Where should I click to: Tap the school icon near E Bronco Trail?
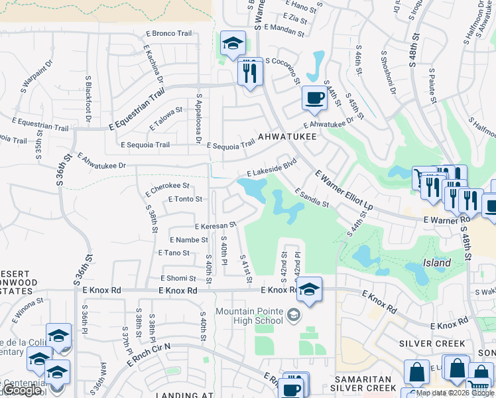click(x=233, y=44)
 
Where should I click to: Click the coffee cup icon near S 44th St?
click(x=314, y=98)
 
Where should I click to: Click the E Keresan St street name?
click(x=215, y=226)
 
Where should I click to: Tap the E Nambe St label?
click(x=189, y=239)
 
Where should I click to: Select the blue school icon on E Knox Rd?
click(x=308, y=289)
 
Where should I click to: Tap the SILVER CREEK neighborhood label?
click(x=433, y=344)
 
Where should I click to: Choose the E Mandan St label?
click(x=285, y=28)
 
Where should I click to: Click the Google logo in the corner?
click(x=21, y=391)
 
